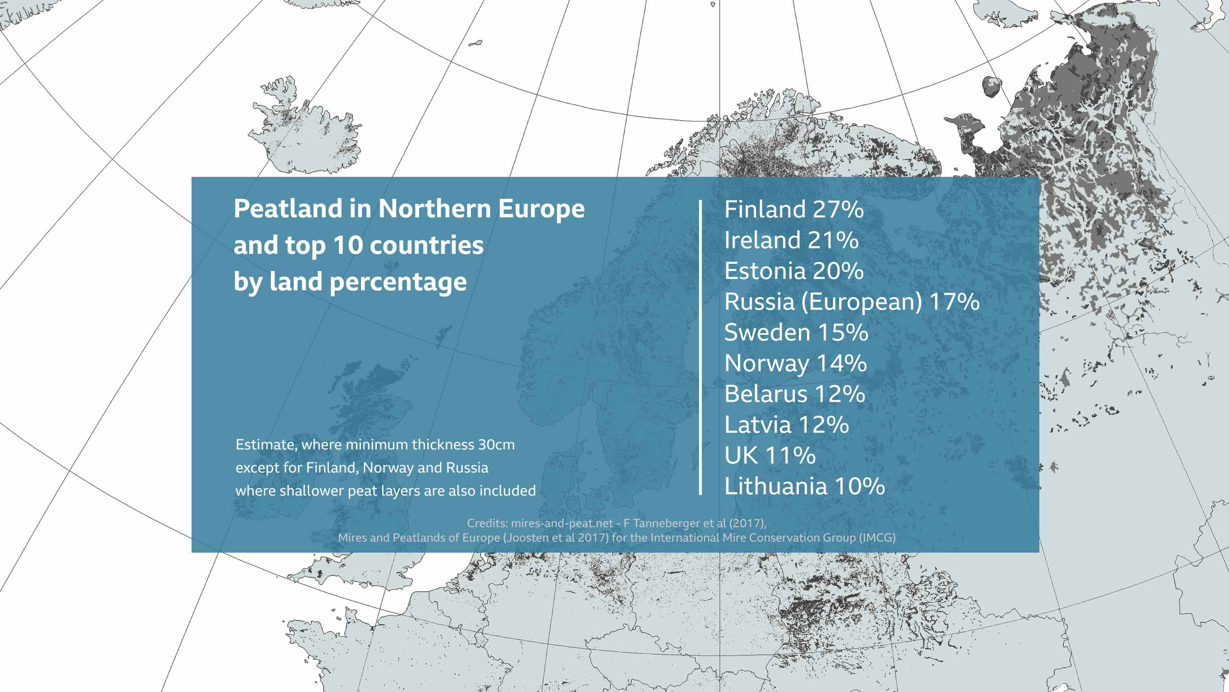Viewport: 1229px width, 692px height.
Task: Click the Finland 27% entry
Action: click(x=794, y=210)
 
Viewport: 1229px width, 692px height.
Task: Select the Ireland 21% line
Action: click(x=791, y=240)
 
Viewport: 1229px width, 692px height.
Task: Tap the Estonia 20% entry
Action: click(x=794, y=271)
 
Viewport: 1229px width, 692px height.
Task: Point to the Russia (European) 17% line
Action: click(x=852, y=302)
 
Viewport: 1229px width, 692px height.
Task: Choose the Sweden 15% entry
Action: click(x=796, y=333)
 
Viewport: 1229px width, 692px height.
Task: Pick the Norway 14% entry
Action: click(x=795, y=363)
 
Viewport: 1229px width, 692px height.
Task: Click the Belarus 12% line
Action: click(x=795, y=394)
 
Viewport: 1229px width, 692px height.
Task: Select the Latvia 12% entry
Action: click(x=786, y=425)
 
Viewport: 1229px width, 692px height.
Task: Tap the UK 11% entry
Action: click(x=770, y=456)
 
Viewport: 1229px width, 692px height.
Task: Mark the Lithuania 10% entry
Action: click(x=805, y=486)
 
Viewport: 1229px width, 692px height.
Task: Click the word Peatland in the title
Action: click(x=288, y=209)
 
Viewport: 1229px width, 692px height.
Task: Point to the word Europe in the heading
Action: click(x=541, y=209)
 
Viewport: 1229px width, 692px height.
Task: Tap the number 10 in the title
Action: click(x=348, y=245)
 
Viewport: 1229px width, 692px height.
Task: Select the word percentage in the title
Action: click(x=398, y=282)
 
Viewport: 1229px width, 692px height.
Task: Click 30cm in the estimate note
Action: click(x=496, y=445)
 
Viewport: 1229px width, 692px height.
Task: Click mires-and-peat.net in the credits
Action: click(x=562, y=523)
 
